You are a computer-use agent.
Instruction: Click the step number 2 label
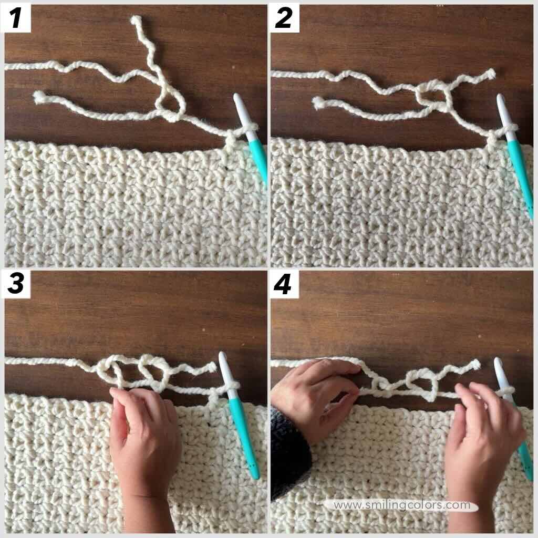(284, 19)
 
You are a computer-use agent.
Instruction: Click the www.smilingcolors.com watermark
(402, 505)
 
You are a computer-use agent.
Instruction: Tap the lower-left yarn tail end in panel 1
(38, 97)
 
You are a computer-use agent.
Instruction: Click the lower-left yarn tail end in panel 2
(318, 103)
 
